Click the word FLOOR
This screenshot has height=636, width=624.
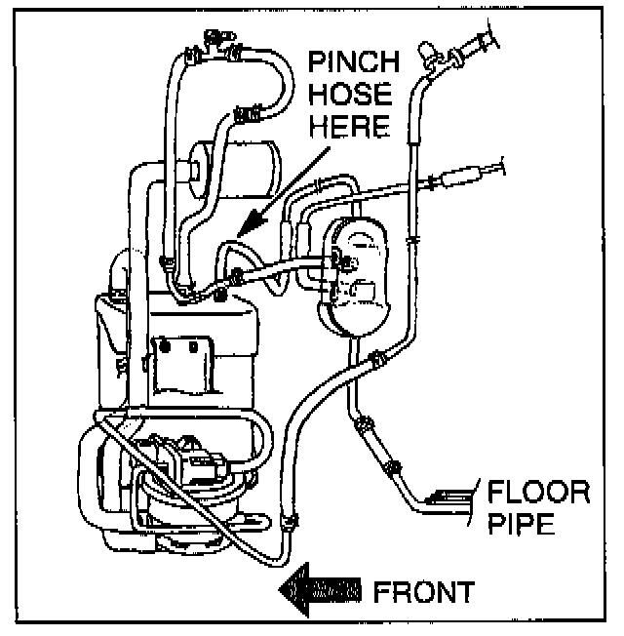click(x=538, y=490)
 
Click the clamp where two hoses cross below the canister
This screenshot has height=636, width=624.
click(x=371, y=363)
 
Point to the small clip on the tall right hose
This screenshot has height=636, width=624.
click(x=413, y=237)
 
